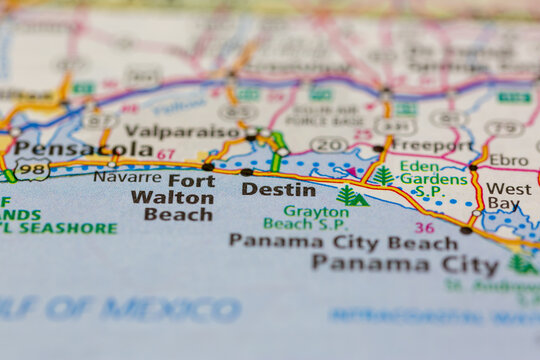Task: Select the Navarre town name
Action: tap(127, 177)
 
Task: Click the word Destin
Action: tap(278, 189)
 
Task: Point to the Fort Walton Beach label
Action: tap(172, 197)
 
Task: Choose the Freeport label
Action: tap(432, 145)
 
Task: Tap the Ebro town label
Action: tap(508, 160)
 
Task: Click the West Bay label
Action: tap(509, 196)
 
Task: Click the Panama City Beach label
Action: tap(343, 241)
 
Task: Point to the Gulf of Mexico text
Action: tap(120, 309)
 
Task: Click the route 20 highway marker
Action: tap(328, 145)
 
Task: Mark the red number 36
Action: tap(424, 228)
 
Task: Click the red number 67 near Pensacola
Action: tap(165, 154)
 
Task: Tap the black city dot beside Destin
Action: tap(246, 172)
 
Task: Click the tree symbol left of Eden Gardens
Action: tap(382, 176)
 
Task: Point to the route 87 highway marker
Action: tap(99, 120)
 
